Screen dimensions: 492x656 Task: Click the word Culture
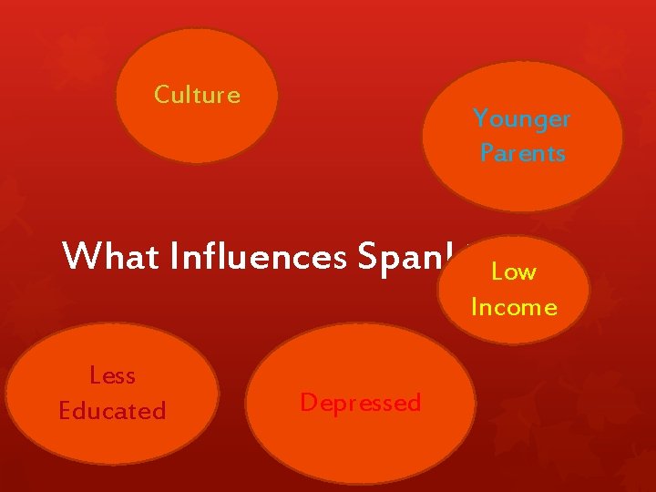click(197, 95)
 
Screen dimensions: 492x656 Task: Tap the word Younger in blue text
click(521, 119)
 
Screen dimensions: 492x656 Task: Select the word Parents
click(523, 153)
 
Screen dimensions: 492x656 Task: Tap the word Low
click(514, 272)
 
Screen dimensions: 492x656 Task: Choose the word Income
click(514, 307)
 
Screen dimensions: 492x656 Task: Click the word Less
click(113, 375)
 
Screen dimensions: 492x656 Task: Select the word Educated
click(113, 411)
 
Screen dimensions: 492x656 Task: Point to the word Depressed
click(361, 403)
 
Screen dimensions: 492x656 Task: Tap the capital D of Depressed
click(308, 403)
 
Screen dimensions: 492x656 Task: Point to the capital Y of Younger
click(480, 119)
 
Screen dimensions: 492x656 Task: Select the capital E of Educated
click(66, 411)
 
